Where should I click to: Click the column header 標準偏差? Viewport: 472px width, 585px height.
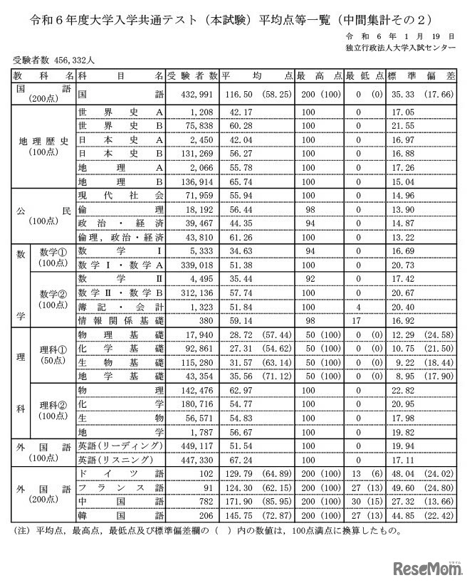pos(421,75)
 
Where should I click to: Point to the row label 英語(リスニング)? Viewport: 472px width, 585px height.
pos(112,459)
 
